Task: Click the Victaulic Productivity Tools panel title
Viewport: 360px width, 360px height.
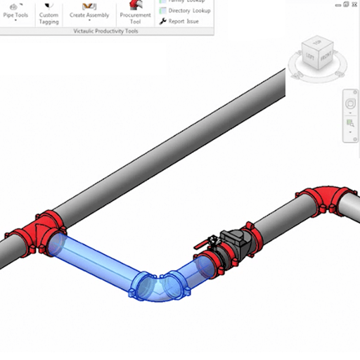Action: [x=105, y=32]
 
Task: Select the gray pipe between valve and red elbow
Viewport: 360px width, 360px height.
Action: [x=274, y=224]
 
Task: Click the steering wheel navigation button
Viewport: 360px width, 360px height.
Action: [x=350, y=103]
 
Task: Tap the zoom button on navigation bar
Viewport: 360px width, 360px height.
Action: [x=350, y=125]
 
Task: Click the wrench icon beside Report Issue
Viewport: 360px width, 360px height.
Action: [x=163, y=22]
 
